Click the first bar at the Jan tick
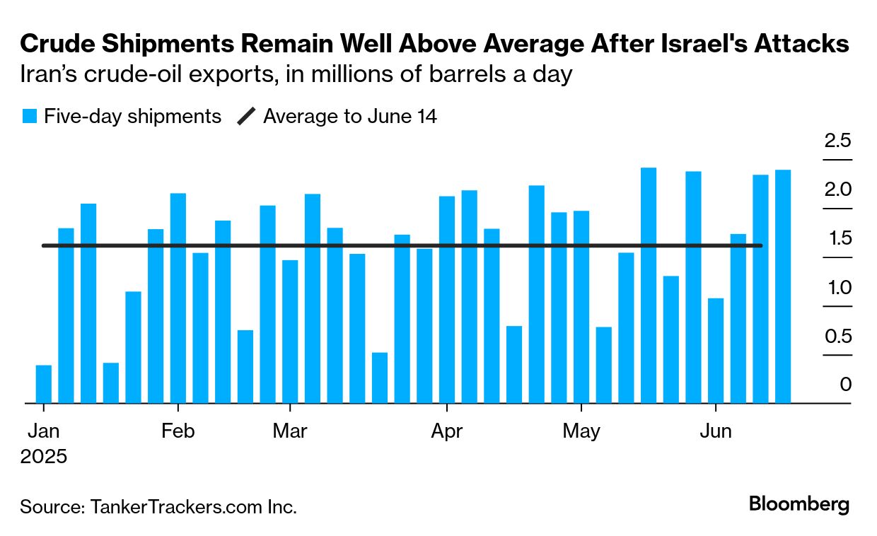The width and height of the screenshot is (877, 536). [44, 384]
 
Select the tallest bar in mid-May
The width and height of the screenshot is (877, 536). [649, 285]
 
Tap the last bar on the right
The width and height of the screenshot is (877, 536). [783, 286]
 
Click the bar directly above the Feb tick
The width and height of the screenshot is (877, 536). [178, 298]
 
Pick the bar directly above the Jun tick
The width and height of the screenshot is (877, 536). [716, 351]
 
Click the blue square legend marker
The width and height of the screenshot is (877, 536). [29, 117]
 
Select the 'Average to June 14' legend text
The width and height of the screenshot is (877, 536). [350, 116]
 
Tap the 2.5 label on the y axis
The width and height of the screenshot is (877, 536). [837, 140]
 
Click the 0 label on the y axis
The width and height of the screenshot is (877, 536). [845, 385]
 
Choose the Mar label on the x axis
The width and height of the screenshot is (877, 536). [290, 431]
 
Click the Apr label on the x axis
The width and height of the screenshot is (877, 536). [447, 431]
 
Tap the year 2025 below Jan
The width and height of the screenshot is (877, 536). [44, 456]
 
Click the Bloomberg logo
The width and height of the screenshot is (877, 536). [799, 505]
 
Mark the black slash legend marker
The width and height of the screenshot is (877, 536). [245, 117]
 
